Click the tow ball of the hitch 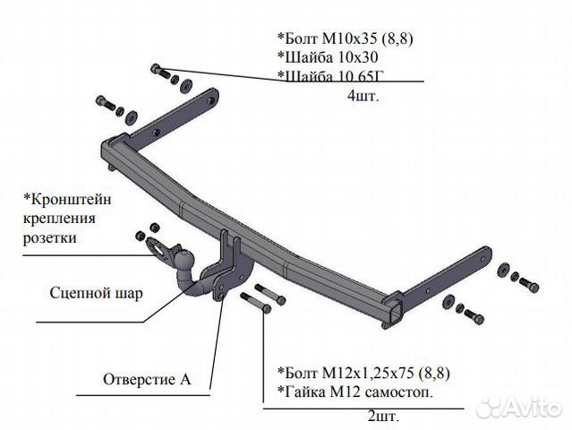pyautogui.click(x=184, y=259)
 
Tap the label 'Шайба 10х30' pyautogui.click(x=328, y=57)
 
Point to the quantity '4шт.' pyautogui.click(x=363, y=96)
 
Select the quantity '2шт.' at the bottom pyautogui.click(x=383, y=417)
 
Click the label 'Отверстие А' pyautogui.click(x=147, y=379)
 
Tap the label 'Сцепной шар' pyautogui.click(x=97, y=293)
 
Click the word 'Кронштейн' pyautogui.click(x=68, y=199)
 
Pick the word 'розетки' pyautogui.click(x=50, y=238)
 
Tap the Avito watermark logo pyautogui.click(x=520, y=407)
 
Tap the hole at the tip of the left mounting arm pyautogui.click(x=210, y=100)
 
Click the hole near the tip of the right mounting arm pyautogui.click(x=484, y=260)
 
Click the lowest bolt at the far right pyautogui.click(x=474, y=316)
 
